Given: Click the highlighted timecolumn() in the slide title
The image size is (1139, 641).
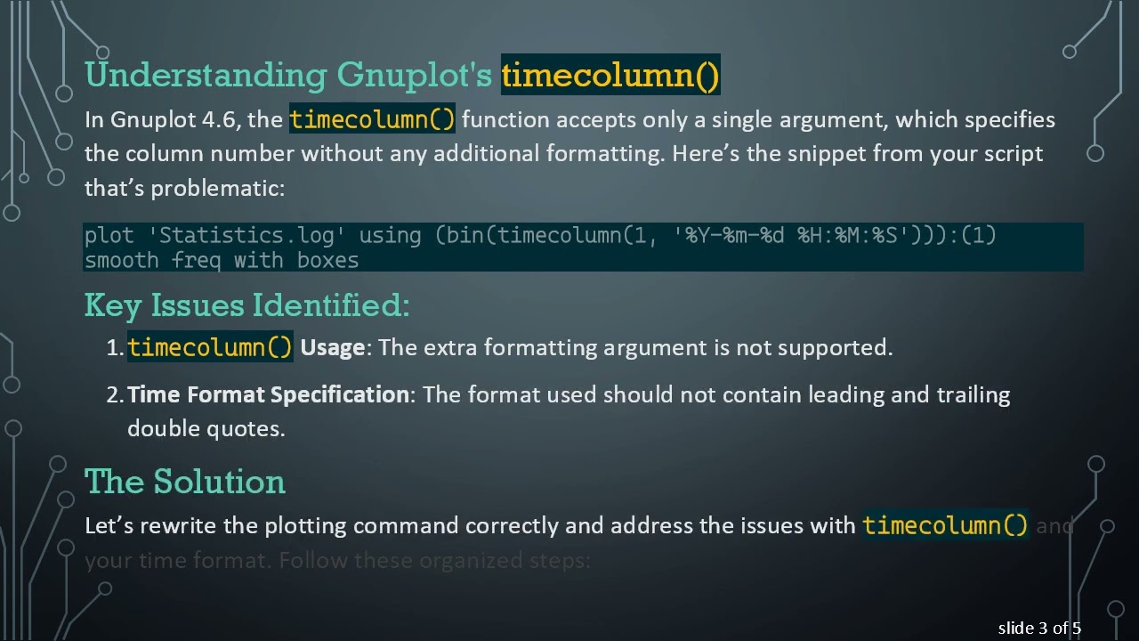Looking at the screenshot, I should (x=610, y=75).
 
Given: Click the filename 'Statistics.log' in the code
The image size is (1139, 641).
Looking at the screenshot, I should (x=247, y=236).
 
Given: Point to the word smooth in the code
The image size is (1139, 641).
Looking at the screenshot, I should (x=122, y=260).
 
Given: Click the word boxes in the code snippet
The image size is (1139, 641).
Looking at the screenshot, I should (x=327, y=260).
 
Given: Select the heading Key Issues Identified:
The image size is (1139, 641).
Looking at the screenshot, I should (x=246, y=305).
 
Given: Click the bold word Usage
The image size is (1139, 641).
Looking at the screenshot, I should (x=332, y=347).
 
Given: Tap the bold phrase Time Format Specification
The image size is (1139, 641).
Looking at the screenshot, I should (x=268, y=394).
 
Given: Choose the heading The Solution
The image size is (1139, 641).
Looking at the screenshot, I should (x=185, y=482).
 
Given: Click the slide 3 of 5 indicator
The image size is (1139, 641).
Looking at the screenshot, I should (x=1039, y=629).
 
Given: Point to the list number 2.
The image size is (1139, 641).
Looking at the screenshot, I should (x=115, y=394).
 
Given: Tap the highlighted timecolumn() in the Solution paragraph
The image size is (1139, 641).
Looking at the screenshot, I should (x=945, y=525).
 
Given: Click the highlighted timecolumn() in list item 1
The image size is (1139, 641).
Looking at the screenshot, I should (x=210, y=347).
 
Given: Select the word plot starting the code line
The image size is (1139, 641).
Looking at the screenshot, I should (x=109, y=236).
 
